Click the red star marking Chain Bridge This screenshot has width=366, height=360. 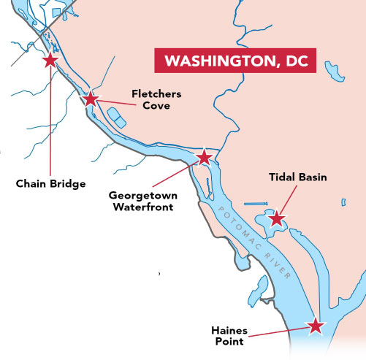click(x=50, y=61)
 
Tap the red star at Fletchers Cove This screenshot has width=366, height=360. click(x=91, y=99)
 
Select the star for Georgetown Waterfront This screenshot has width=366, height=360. click(x=205, y=157)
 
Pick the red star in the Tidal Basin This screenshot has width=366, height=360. click(x=276, y=218)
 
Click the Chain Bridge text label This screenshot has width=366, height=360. click(x=50, y=184)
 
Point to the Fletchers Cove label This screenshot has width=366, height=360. click(x=156, y=100)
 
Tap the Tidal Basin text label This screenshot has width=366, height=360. click(x=298, y=177)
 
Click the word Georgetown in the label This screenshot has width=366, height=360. click(x=142, y=196)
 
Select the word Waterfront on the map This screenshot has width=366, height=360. click(x=142, y=207)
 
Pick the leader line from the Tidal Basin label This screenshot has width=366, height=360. click(x=288, y=199)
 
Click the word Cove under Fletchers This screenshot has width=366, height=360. click(x=156, y=106)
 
